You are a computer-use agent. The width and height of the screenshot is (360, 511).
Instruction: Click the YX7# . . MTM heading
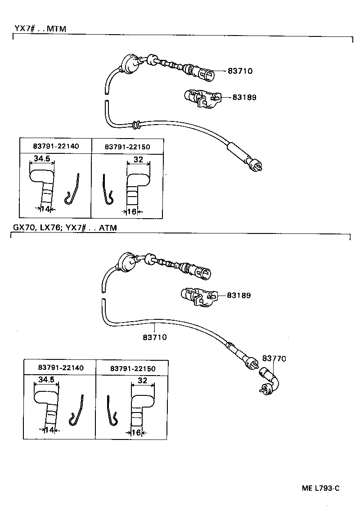[40, 29]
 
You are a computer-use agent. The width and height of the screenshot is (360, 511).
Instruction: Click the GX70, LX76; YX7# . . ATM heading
[63, 228]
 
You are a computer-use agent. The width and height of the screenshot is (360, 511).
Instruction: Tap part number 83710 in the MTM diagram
[240, 71]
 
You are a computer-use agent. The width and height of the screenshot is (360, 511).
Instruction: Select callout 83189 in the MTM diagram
[244, 97]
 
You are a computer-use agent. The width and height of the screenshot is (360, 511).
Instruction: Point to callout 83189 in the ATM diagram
[238, 296]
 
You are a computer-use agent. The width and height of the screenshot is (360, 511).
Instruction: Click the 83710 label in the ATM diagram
[154, 337]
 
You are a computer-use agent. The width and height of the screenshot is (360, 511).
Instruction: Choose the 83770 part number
[274, 359]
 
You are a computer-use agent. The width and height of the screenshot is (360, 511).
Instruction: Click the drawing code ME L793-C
[320, 488]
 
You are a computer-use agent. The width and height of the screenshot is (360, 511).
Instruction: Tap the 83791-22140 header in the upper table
[55, 146]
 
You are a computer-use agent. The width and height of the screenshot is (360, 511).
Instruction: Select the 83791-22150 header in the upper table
[127, 147]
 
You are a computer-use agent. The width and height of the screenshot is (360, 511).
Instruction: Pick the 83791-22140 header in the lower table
[61, 368]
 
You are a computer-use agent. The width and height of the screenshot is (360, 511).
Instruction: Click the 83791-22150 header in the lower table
[133, 368]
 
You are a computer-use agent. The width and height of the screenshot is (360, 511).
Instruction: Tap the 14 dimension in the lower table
[50, 430]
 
